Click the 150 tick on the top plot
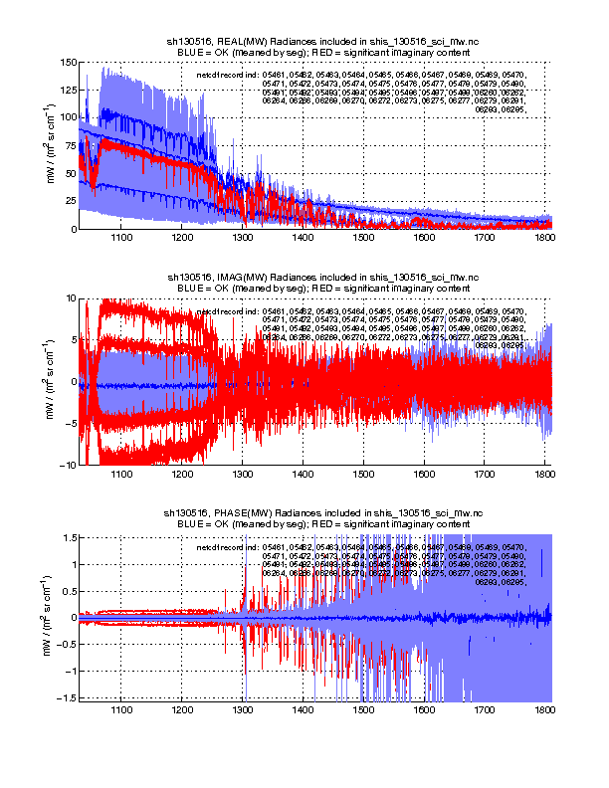68,62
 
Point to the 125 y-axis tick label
68,90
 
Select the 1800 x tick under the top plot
544,239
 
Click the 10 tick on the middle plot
70,297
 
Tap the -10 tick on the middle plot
68,465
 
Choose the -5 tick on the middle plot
70,423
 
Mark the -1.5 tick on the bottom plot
66,697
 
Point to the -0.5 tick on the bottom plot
66,644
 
